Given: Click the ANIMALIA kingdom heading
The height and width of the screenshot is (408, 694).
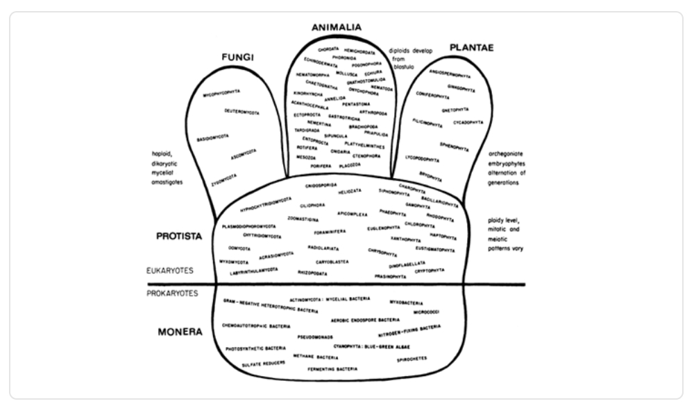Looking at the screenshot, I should point(337,28).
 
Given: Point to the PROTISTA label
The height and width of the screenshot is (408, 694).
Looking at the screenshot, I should point(178,236).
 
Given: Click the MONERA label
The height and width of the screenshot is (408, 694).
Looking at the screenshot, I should point(179,332).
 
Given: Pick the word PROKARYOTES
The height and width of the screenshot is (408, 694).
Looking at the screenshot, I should point(173,293).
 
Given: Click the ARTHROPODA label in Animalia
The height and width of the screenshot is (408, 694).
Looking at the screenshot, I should point(373,112).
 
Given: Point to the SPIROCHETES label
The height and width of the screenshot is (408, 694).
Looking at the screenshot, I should point(412,359).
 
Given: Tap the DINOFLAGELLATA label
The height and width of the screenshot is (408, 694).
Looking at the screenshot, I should point(407,265).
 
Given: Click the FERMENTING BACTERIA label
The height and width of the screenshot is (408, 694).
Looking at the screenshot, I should point(332,370).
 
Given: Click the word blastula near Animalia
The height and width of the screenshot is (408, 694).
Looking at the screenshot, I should point(402,68).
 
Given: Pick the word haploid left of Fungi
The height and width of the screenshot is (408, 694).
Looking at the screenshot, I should point(161,154).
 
